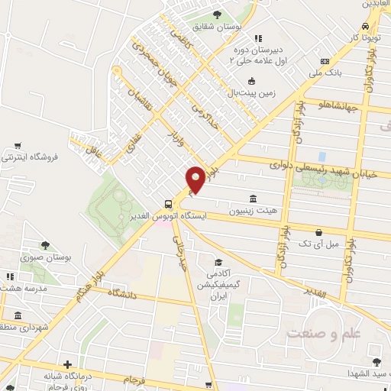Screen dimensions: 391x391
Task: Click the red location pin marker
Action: click(195, 179)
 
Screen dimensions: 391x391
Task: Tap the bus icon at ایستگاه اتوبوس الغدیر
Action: click(167, 204)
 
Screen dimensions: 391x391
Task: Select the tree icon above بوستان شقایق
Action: click(218, 15)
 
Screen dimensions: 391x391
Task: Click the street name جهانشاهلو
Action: click(338, 105)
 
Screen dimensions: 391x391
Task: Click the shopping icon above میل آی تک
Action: click(318, 232)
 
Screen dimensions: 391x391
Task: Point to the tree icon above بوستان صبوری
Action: click(45, 245)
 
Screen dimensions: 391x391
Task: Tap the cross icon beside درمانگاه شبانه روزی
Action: click(68, 365)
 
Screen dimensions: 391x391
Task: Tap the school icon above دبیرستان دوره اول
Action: click(258, 37)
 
